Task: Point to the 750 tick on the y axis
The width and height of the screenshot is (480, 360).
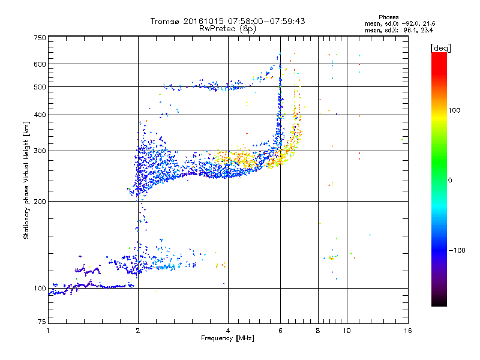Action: tap(40, 38)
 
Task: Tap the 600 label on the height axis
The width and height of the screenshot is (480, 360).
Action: tap(40, 64)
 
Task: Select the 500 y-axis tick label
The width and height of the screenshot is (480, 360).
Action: tap(40, 87)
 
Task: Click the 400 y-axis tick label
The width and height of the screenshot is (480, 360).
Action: tap(40, 115)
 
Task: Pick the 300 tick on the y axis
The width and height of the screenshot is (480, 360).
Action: tap(40, 151)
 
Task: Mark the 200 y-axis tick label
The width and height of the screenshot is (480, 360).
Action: tap(40, 201)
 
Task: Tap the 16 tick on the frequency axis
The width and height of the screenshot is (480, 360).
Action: tap(407, 331)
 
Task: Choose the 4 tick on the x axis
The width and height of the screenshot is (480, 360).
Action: tap(228, 331)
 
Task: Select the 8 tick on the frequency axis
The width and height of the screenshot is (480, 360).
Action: tap(318, 331)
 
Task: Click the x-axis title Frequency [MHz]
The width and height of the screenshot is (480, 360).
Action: tap(227, 338)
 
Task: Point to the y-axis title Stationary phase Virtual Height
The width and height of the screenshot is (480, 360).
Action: tap(26, 180)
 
